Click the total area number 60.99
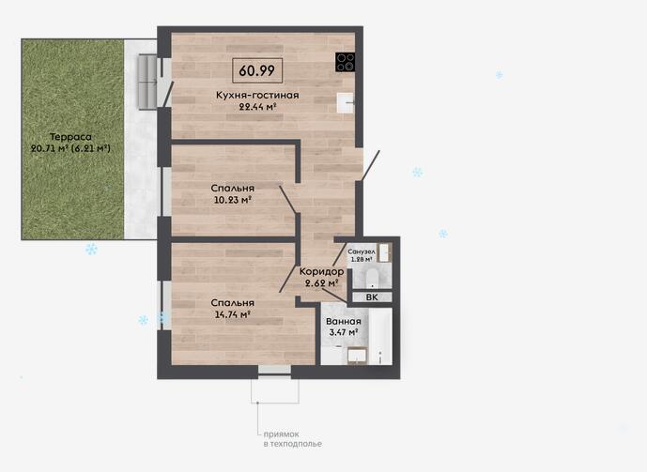point(256,70)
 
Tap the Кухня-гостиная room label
point(257,95)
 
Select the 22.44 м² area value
point(257,107)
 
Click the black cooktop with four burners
point(345,62)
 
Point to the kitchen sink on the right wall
point(346,102)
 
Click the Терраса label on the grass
point(70,137)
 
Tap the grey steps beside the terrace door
point(146,82)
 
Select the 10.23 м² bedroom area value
point(233,201)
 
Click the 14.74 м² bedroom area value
point(233,314)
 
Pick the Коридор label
point(321,271)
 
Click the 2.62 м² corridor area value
point(322,283)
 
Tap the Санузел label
point(362,251)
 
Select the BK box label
point(372,297)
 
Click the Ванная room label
point(344,322)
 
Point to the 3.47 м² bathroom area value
point(344,332)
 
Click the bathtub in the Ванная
point(380,336)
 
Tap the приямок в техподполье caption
point(293,439)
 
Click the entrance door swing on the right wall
point(370,165)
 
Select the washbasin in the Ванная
point(357,357)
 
